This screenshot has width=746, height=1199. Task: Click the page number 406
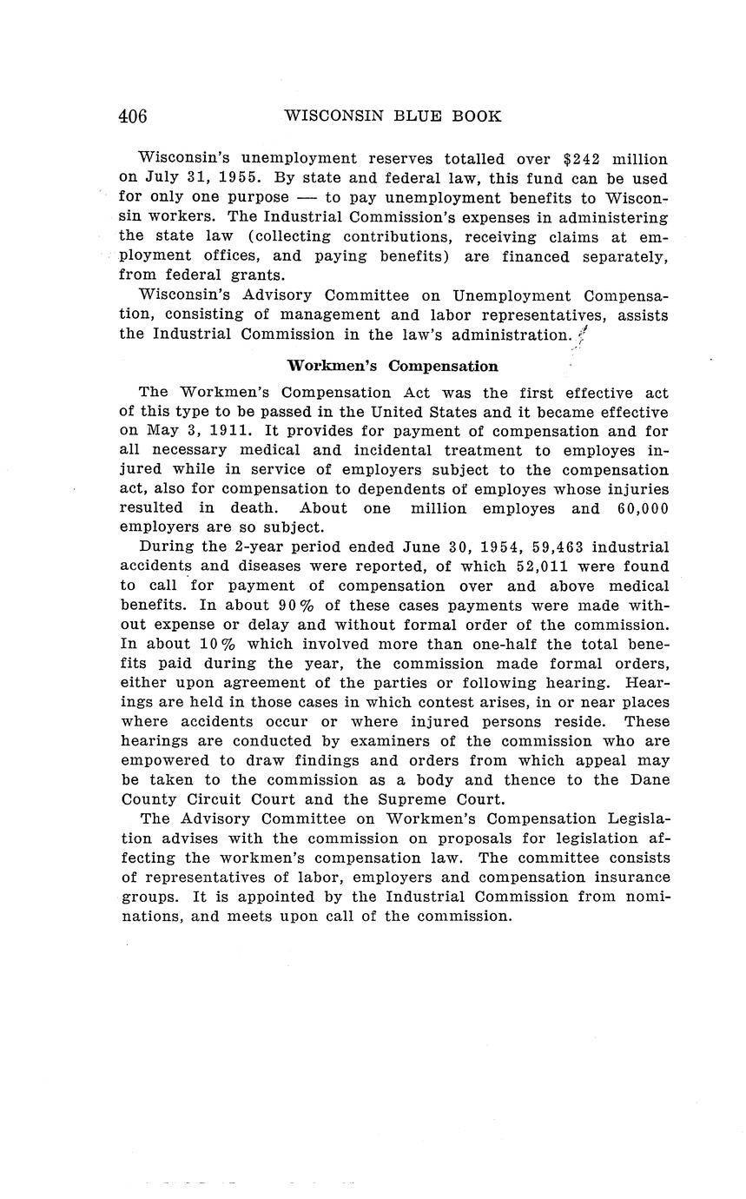click(133, 116)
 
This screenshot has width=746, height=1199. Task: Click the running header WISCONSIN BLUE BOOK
click(393, 116)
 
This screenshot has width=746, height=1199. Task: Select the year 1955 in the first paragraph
click(239, 179)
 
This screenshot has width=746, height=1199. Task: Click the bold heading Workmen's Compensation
click(393, 366)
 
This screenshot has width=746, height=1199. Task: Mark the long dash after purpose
click(307, 198)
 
